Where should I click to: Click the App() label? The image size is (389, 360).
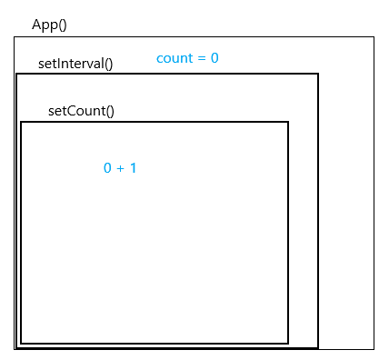49,25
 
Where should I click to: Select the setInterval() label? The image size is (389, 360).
75,65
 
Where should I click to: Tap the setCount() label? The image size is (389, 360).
82,112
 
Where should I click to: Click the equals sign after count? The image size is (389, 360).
202,58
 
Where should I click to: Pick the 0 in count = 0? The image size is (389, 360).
214,58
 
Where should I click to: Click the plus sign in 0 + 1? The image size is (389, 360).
120,168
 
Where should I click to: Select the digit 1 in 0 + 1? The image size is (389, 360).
133,168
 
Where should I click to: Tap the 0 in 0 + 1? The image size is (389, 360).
107,168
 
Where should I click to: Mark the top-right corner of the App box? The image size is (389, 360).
374,37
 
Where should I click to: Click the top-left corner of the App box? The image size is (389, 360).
14,37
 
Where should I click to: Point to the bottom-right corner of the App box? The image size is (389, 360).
374,349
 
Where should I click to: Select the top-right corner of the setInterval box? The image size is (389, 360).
318,74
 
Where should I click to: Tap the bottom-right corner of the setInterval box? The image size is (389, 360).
318,347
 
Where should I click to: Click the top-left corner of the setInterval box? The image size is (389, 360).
16,74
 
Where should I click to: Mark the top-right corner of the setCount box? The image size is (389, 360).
288,122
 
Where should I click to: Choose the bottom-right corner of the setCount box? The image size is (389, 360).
288,344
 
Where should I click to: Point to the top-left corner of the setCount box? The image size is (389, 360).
21,122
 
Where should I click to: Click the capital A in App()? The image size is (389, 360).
36,25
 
